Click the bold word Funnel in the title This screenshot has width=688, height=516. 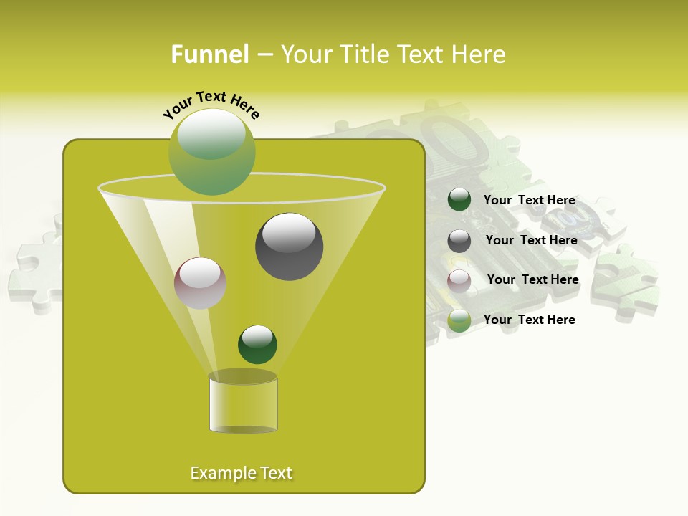point(209,54)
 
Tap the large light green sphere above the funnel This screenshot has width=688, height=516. point(211,151)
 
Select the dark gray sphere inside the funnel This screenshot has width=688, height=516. point(289,247)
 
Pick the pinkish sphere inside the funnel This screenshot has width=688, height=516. point(200,283)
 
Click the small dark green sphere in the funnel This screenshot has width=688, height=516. point(257,345)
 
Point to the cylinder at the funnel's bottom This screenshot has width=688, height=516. point(243,403)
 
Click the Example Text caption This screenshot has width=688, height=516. point(241,473)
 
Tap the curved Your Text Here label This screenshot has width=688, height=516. point(211,105)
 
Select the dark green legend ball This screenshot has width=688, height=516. point(459,200)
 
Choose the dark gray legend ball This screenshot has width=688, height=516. point(459,241)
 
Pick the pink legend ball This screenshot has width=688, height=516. point(459,281)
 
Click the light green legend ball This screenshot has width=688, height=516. point(459,320)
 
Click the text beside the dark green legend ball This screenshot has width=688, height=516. point(529,201)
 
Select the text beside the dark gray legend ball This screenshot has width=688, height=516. point(531,241)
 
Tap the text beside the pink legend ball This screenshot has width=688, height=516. point(532,280)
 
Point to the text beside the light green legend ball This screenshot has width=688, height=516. point(529,320)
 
